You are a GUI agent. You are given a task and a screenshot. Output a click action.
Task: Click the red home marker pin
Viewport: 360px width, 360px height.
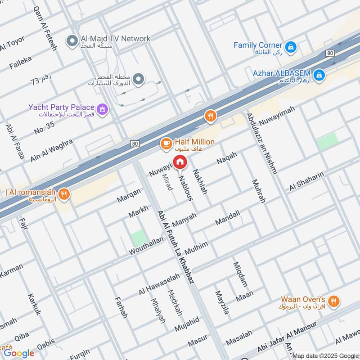coord(180,162)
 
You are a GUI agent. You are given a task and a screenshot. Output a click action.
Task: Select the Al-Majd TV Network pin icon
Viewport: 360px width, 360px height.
coord(71,41)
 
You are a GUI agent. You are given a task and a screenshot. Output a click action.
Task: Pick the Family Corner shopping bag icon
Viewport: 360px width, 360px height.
coord(291,46)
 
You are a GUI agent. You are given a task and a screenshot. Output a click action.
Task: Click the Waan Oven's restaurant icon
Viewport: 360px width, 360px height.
coord(333,301)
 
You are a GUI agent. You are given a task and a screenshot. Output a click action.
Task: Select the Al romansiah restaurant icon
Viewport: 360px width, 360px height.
coord(65,194)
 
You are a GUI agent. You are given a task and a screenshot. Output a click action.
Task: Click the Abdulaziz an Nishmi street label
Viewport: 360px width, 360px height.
coord(262,143)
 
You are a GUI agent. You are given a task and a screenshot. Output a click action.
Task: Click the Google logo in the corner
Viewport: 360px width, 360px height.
coord(18,353)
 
